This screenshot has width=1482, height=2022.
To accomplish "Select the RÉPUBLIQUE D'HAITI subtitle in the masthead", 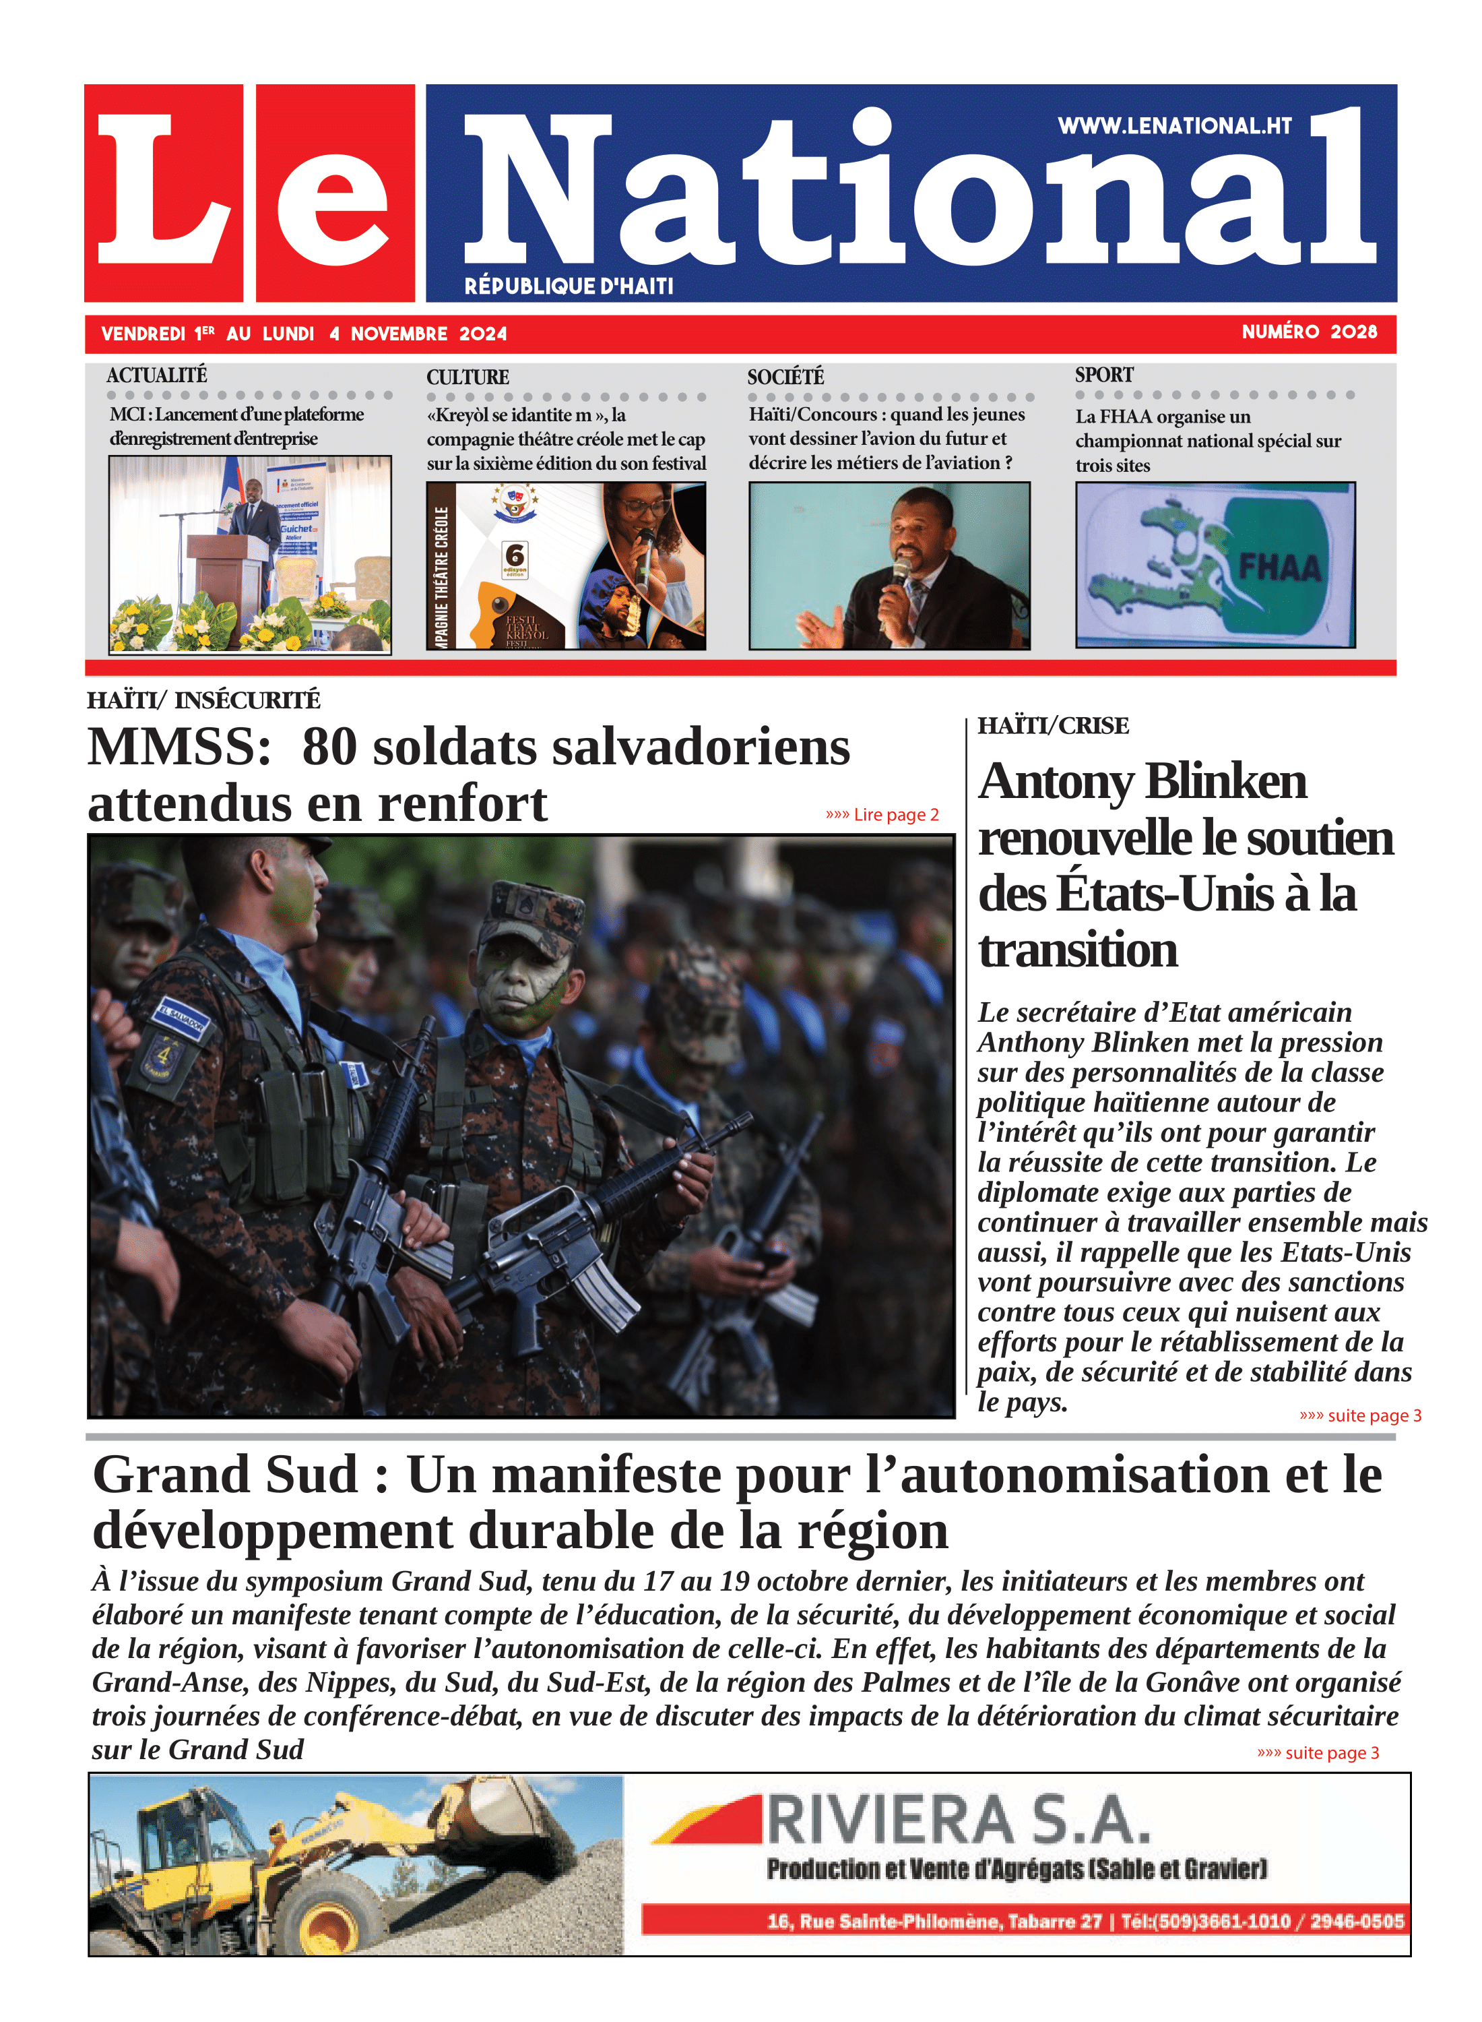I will click(569, 286).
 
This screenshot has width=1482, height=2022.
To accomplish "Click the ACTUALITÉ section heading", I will click(157, 375).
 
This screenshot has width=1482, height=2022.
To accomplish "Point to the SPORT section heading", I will click(1103, 375).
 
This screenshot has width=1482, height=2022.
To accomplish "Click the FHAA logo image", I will click(1215, 565).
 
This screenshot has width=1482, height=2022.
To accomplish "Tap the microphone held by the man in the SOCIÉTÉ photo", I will click(898, 574).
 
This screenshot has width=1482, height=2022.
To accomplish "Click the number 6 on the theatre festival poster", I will click(515, 555).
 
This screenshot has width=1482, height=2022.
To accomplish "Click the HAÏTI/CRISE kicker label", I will click(1052, 725).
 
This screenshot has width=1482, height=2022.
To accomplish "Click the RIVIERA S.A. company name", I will click(957, 1820).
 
